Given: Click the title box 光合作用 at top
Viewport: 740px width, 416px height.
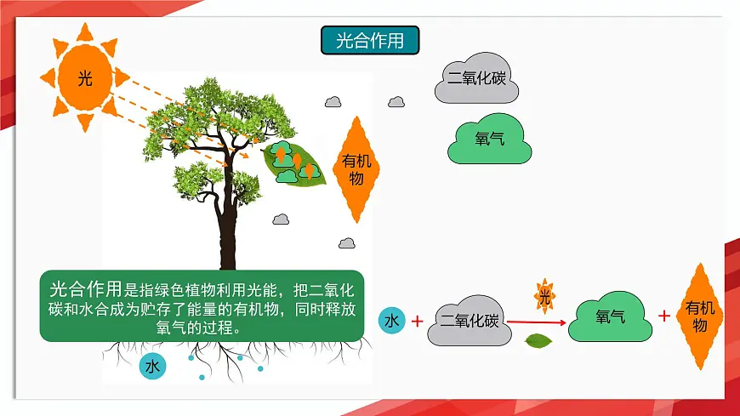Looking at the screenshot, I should coord(370,40).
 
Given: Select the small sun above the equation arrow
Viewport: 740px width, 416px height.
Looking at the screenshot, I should coord(544,297).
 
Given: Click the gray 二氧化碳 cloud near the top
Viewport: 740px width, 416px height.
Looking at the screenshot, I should coord(476,79).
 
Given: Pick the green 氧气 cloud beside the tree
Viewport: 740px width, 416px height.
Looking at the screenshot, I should coord(490,138).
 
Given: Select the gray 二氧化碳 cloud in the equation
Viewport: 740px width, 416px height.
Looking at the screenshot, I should coord(469,322).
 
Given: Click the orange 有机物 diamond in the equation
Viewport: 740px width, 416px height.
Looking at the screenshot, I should coord(701,316).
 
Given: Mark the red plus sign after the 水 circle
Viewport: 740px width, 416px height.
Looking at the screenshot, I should coord(418,322).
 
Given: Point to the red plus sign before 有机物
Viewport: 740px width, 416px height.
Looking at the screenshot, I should coord(664,316).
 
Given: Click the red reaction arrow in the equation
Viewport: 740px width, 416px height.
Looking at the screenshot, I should coord(537,322).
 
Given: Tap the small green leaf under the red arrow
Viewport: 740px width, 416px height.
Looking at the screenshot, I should coord(539,341).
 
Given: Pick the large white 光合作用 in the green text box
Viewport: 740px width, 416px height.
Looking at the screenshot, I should coord(86,288).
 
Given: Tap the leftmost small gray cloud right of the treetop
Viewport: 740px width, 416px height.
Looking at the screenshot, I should coord(333,102).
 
